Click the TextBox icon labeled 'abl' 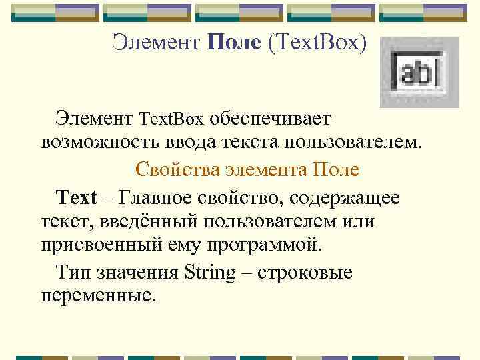[419, 72]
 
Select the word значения [137, 272]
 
